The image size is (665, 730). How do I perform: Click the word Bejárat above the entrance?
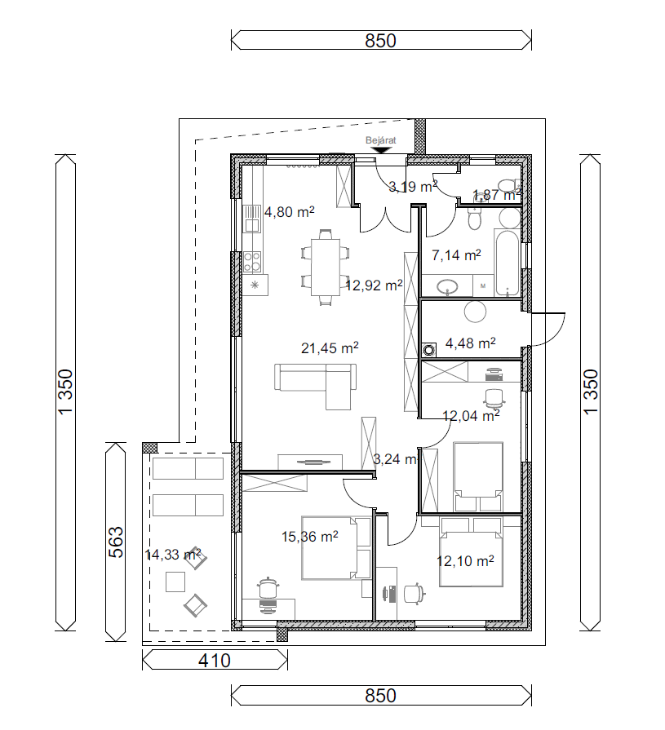380,140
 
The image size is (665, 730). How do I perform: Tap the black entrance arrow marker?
381,151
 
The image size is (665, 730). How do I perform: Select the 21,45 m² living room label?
330,347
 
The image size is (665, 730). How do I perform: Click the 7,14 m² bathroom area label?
456,255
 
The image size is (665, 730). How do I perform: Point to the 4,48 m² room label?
470,343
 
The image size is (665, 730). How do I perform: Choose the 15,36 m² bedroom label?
310,537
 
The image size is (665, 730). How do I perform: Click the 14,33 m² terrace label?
173,555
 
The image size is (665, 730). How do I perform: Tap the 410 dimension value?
215,661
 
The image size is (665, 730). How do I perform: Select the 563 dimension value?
116,542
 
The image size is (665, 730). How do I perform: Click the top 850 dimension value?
380,41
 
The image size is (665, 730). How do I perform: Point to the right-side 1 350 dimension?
590,392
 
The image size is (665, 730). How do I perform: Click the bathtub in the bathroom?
508,262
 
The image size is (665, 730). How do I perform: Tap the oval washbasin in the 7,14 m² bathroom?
447,286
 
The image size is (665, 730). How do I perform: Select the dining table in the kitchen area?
326,267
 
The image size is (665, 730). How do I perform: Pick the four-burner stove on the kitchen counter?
252,262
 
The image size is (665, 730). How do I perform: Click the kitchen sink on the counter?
252,219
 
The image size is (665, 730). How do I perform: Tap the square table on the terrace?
175,582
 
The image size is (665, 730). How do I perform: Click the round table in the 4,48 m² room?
475,312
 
